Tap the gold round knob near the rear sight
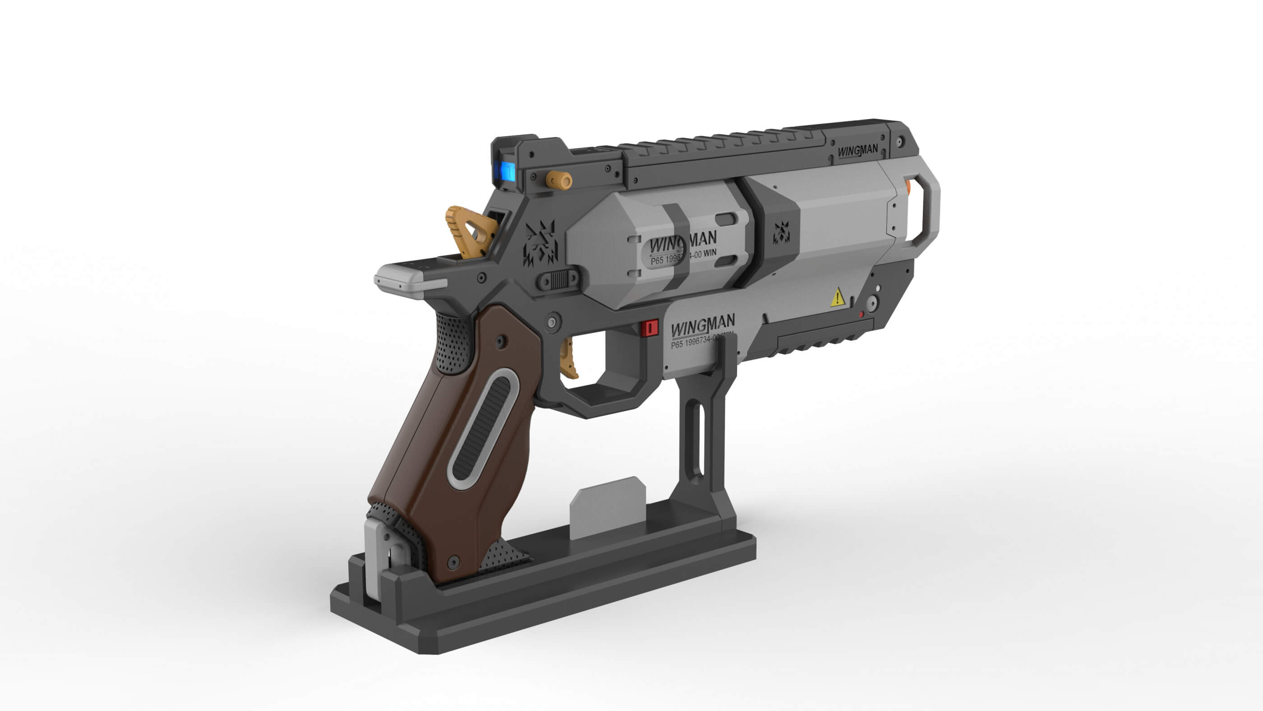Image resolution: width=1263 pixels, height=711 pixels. [x=559, y=180]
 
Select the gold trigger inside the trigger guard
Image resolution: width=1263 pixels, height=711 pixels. [x=569, y=358]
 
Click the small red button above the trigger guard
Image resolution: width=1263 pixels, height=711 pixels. [x=650, y=328]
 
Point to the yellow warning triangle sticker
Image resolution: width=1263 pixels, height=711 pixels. [x=838, y=298]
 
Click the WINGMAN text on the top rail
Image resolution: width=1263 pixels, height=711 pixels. [x=857, y=151]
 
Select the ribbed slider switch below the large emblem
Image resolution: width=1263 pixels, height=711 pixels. [x=558, y=280]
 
